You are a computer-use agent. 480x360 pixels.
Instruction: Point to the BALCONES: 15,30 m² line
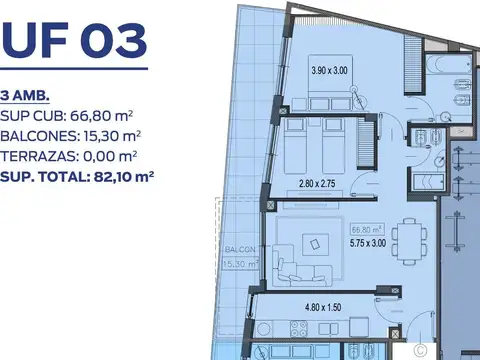[70, 135]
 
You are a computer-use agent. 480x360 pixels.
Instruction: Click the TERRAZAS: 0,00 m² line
[69, 156]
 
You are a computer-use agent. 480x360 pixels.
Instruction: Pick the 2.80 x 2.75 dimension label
[322, 184]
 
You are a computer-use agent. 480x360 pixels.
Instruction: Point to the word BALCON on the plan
[238, 249]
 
